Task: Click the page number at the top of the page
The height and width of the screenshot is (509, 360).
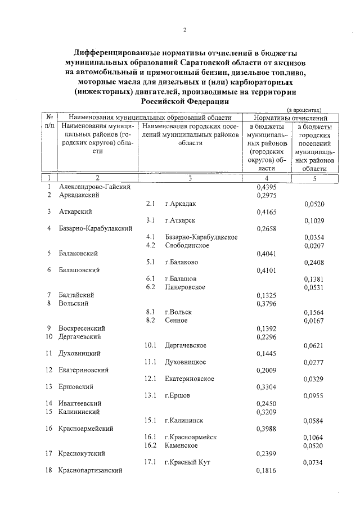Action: click(x=184, y=30)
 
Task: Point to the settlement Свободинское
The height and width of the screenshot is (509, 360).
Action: click(x=187, y=245)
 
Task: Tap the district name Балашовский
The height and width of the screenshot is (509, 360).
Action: click(x=80, y=270)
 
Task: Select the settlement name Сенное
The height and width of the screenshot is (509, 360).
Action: click(x=176, y=320)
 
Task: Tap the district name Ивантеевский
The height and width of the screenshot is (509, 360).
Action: click(x=80, y=403)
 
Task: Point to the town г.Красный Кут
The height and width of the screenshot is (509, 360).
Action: click(x=187, y=462)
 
